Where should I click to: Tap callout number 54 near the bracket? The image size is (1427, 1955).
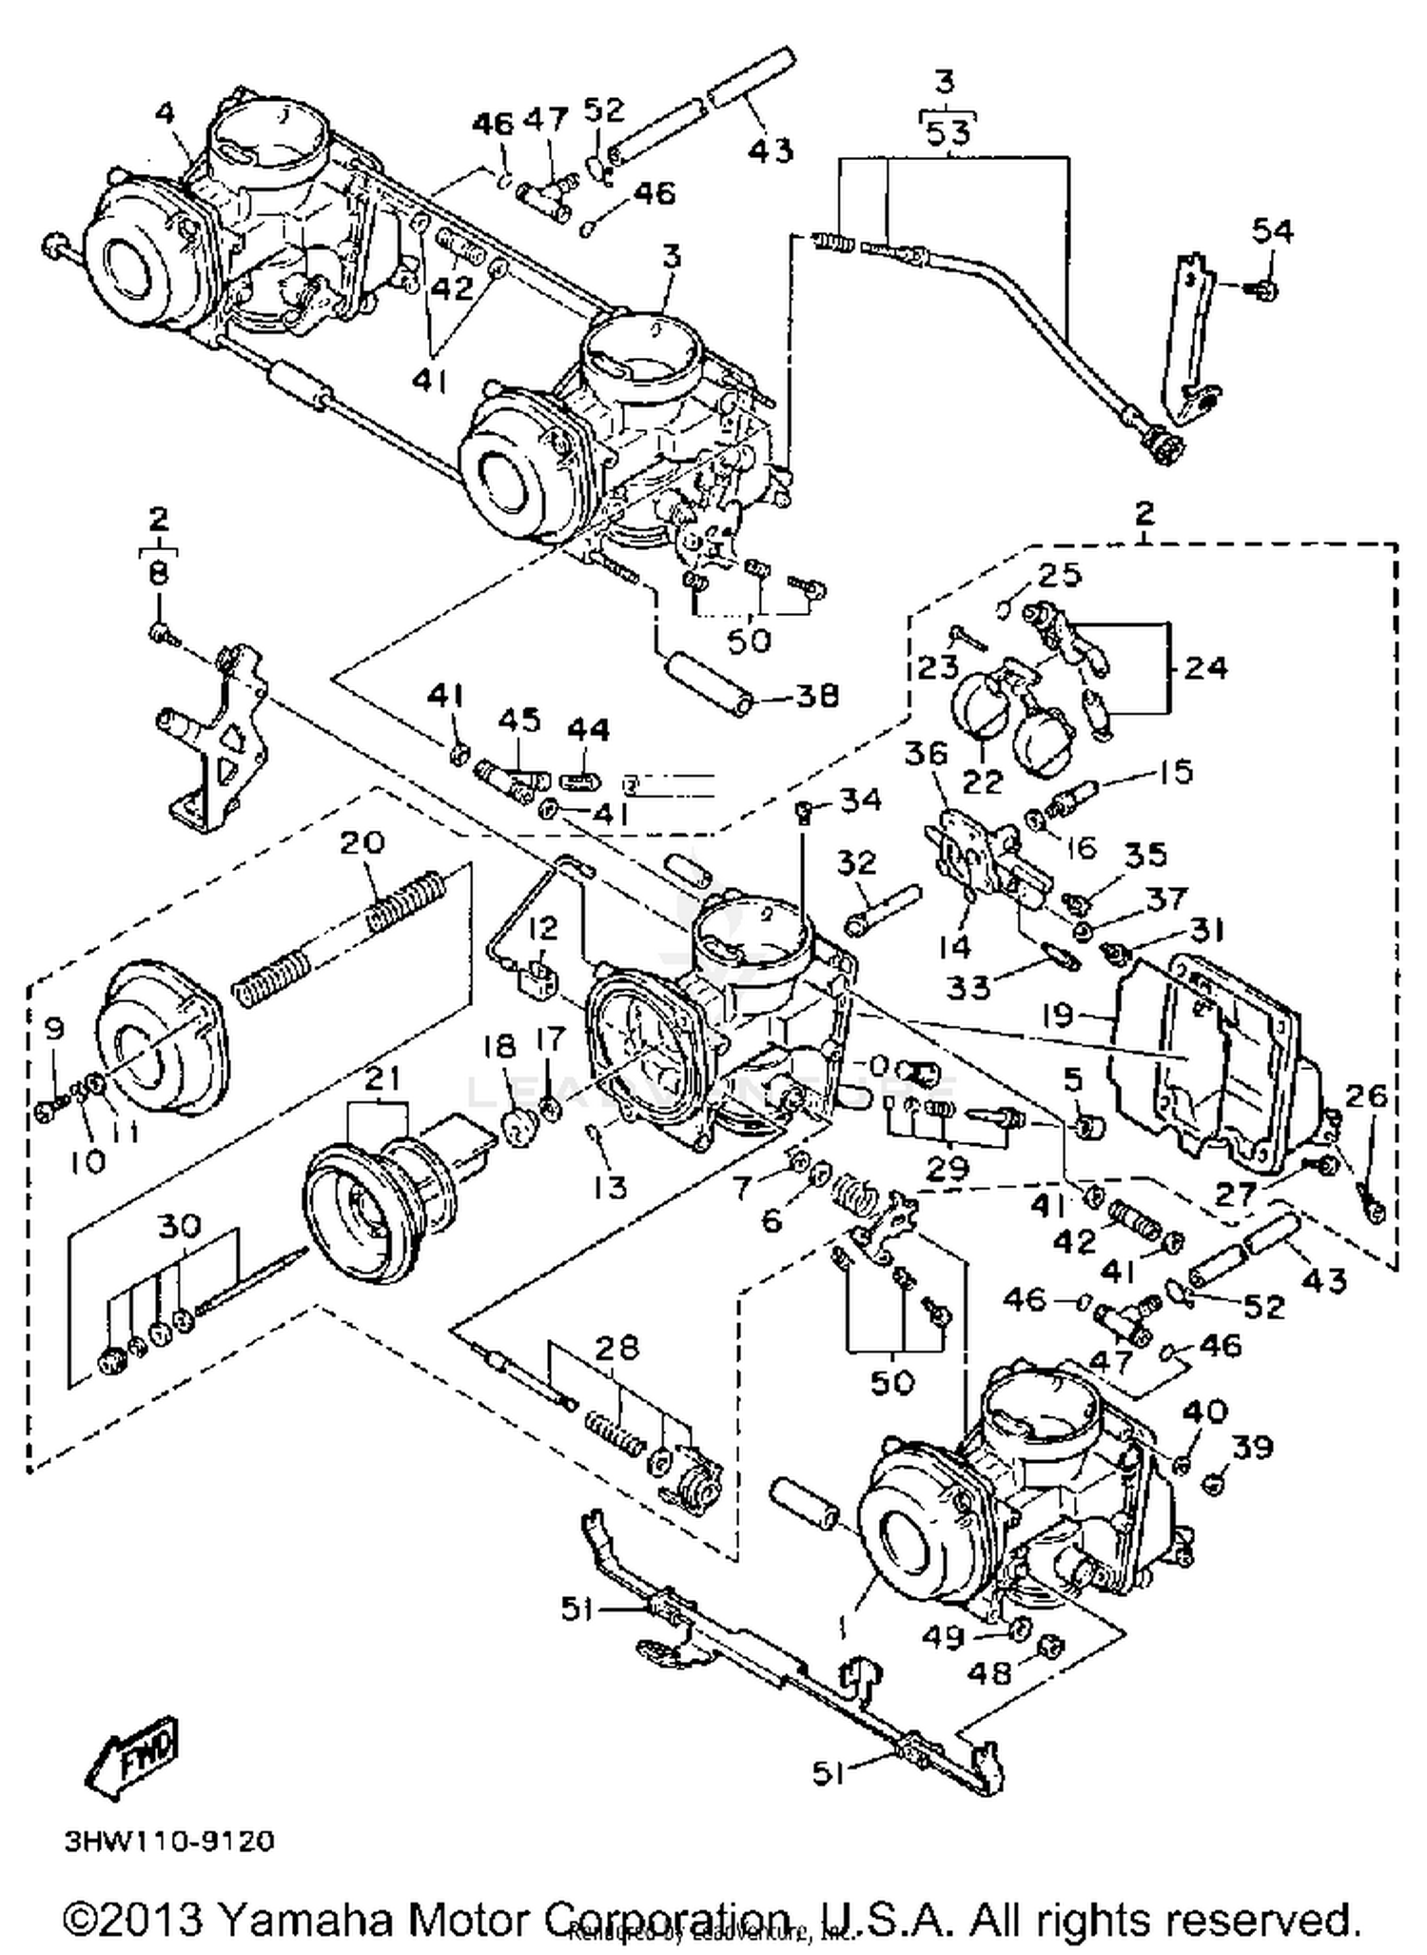(1272, 230)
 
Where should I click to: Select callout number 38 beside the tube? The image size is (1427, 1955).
(818, 697)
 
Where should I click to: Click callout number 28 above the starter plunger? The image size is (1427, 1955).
(616, 1349)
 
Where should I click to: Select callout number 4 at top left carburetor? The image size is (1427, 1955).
(166, 114)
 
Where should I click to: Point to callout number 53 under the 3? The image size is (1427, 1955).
(948, 131)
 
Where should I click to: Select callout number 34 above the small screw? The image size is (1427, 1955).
(860, 800)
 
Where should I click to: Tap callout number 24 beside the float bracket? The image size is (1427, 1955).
(1205, 667)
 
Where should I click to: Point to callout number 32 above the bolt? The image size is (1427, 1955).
(856, 862)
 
